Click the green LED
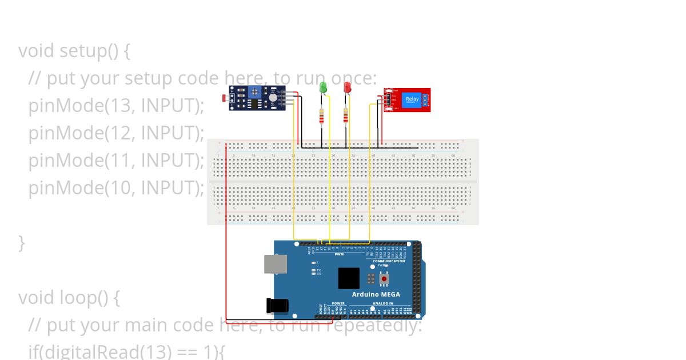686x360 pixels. point(323,87)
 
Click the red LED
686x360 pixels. point(346,87)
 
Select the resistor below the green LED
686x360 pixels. point(322,117)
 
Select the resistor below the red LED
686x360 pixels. point(345,117)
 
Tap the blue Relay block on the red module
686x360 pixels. point(412,99)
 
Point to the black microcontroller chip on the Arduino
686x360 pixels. point(349,278)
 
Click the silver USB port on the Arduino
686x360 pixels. point(276,264)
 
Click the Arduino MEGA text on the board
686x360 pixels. point(376,294)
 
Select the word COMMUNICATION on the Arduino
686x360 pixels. point(389,261)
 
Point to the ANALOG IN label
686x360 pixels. point(383,303)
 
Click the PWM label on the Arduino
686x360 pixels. point(339,254)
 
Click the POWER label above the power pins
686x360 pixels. point(338,303)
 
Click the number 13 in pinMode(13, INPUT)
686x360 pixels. point(117,105)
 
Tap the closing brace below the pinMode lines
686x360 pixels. point(22,242)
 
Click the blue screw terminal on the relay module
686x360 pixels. point(426,100)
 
